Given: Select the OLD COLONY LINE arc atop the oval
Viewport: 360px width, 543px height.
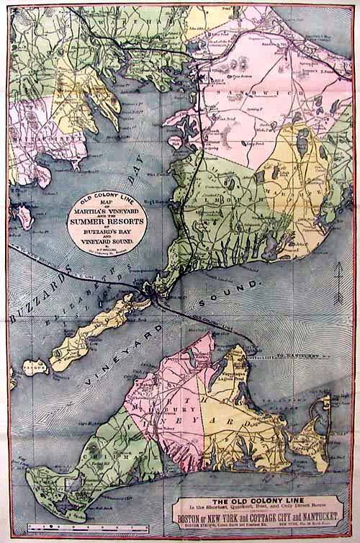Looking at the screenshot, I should click(108, 195).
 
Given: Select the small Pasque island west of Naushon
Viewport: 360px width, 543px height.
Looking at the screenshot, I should click(33, 368).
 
